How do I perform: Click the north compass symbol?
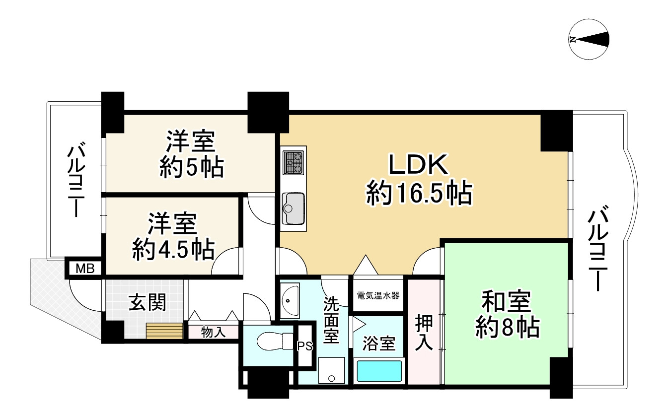coord(589,40)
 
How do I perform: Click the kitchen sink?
coord(294,207)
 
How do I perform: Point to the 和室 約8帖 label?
coord(507,315)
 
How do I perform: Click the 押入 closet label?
coord(425,332)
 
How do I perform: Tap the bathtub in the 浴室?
coord(379,371)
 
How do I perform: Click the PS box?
coord(304,346)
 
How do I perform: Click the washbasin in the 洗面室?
coord(290,300)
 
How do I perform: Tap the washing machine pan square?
coord(331,370)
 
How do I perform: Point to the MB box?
coord(84,269)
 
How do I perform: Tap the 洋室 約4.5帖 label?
coord(173,237)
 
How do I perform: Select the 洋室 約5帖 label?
coord(190,155)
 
